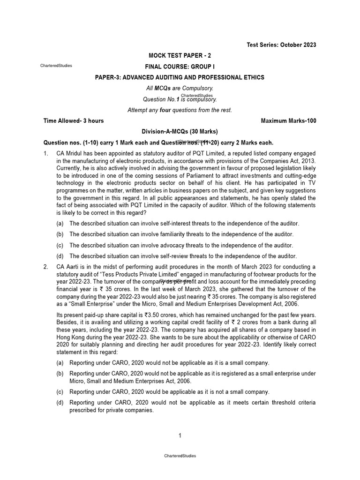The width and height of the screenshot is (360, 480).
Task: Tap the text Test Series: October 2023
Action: click(x=281, y=45)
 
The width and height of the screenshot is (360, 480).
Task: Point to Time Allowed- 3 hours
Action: click(x=74, y=121)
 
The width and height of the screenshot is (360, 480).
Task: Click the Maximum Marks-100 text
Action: click(x=288, y=121)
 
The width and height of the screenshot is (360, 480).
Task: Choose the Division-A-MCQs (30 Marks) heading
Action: click(x=180, y=132)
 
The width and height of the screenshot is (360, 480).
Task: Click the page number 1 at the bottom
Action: click(x=180, y=436)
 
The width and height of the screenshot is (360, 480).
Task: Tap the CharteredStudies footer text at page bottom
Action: click(x=180, y=456)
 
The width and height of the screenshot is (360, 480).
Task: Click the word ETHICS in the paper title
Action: click(x=252, y=77)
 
